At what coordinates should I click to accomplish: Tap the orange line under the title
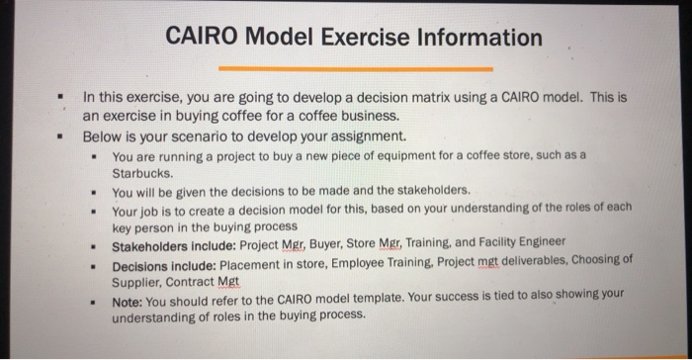(355, 69)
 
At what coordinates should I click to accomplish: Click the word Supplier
(139, 282)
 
